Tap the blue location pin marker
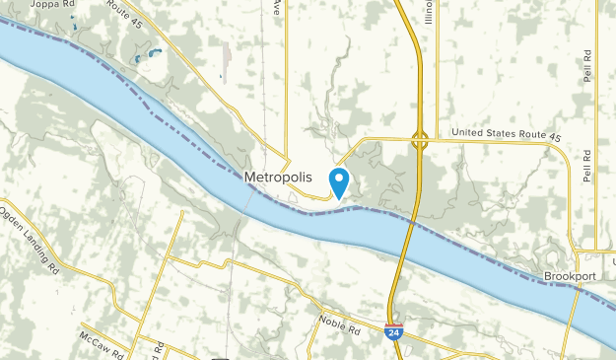point(339,182)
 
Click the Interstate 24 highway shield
point(393,329)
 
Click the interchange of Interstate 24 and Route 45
point(420,140)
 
